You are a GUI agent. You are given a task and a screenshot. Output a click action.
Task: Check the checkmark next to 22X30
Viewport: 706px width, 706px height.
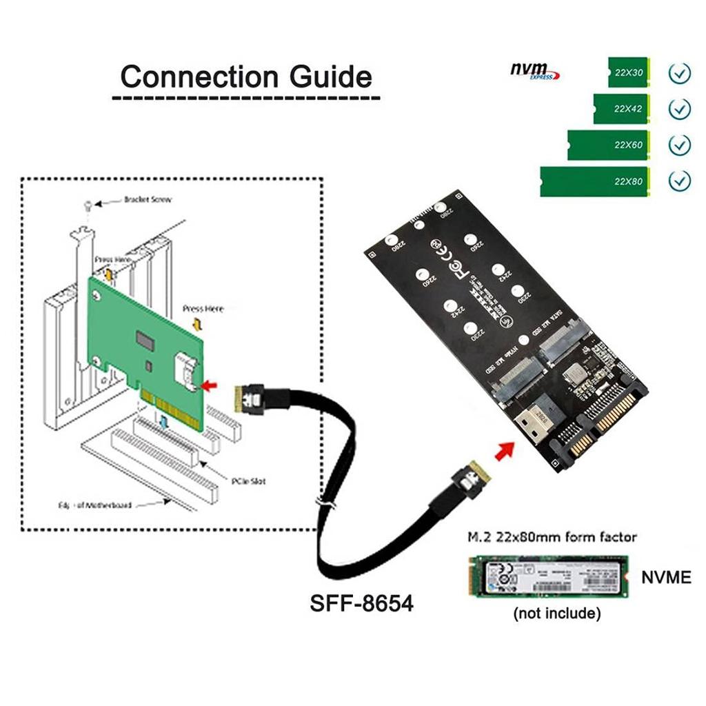tap(680, 72)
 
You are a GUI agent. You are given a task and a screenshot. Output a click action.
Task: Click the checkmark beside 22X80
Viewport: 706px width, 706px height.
tap(680, 181)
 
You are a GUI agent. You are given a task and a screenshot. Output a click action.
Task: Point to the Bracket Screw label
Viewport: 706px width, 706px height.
tap(148, 200)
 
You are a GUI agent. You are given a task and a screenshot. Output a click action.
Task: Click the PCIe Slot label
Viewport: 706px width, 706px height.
tap(249, 481)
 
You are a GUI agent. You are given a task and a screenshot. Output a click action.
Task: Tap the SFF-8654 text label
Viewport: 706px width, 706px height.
tap(361, 604)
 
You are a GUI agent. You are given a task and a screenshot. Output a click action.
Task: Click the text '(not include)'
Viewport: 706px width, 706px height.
tap(557, 613)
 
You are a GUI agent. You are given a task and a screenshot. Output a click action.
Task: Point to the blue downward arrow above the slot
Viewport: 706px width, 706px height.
tap(163, 421)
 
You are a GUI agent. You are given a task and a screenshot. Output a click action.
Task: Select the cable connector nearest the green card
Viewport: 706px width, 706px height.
tap(250, 399)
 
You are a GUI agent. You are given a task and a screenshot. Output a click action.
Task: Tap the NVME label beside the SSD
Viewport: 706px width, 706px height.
tap(665, 577)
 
